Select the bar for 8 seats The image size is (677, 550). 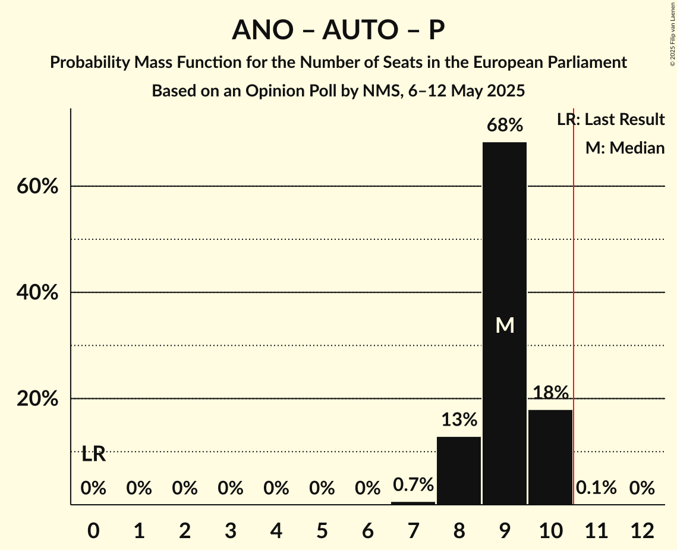(x=459, y=470)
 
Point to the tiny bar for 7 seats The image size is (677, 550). (x=413, y=503)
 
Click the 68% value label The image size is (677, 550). (x=505, y=126)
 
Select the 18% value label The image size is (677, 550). (x=550, y=393)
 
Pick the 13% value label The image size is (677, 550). (x=459, y=420)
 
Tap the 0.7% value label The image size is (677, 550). (x=413, y=485)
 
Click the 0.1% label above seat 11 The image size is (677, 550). (x=596, y=488)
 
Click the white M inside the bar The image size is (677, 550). (x=505, y=325)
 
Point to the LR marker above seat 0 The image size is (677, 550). (x=93, y=454)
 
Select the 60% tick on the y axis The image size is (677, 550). (x=37, y=186)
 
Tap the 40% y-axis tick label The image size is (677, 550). (x=37, y=292)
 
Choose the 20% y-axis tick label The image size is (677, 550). (x=37, y=399)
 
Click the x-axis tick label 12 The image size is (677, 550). (x=642, y=530)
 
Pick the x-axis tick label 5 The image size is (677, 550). (x=322, y=530)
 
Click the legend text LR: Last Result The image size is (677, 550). (x=610, y=120)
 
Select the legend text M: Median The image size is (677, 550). (x=625, y=148)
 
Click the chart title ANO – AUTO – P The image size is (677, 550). (x=338, y=30)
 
